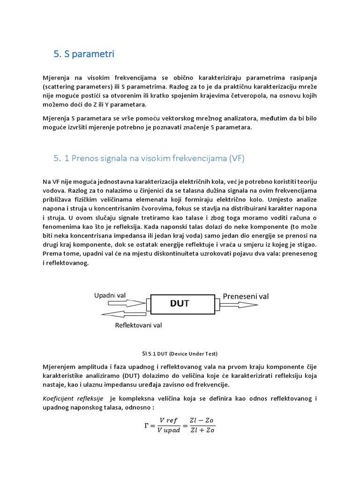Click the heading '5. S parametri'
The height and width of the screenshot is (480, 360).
coord(84,54)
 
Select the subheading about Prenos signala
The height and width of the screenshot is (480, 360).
coord(149,159)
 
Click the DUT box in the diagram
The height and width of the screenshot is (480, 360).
coord(180,303)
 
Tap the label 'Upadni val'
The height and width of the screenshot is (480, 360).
coord(110,295)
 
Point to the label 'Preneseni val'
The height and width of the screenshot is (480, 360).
coord(246,296)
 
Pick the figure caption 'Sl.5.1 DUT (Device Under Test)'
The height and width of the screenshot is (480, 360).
coord(180,353)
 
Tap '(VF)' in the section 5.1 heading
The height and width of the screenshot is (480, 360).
coord(237,159)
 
